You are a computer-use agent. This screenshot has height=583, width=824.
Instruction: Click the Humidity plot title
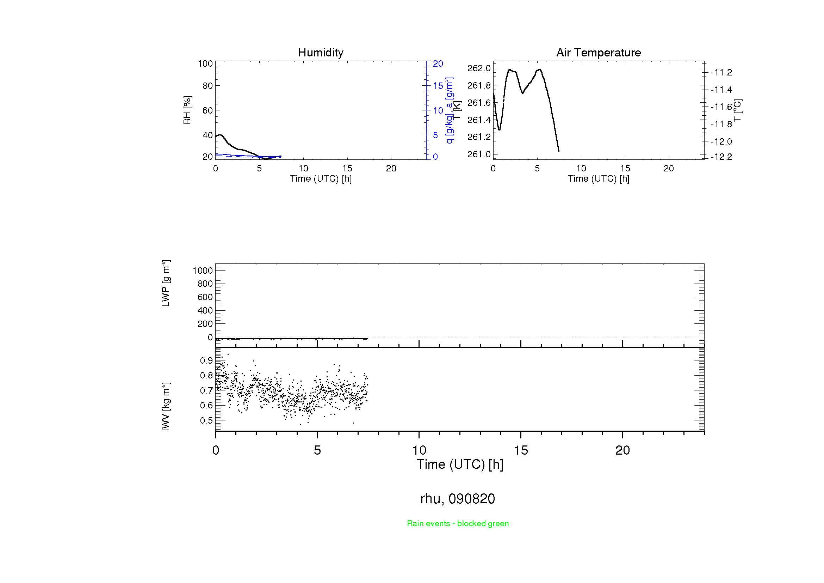[321, 53]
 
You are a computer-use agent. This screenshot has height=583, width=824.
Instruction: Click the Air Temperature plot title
[598, 53]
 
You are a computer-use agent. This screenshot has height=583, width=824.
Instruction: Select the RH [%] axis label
[187, 110]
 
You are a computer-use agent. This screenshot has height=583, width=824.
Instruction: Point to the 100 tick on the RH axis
[205, 63]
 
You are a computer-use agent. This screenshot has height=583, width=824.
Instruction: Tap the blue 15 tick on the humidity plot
[438, 86]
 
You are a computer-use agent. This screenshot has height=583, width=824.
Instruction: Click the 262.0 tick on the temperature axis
[479, 68]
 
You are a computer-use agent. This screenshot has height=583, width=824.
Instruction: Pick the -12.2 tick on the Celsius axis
[721, 157]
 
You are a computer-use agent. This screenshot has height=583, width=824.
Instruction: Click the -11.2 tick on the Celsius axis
[721, 73]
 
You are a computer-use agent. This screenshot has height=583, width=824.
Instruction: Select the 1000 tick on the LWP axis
[203, 271]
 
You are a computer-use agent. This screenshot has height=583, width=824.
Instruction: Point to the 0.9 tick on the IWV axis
[206, 360]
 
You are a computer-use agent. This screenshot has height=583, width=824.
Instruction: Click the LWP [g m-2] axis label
[166, 284]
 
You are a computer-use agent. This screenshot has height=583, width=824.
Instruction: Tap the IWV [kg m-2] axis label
[166, 406]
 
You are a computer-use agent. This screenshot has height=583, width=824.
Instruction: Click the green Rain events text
[458, 523]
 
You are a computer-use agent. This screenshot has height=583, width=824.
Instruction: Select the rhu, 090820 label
[458, 499]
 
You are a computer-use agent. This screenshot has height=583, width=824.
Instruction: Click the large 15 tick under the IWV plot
[521, 450]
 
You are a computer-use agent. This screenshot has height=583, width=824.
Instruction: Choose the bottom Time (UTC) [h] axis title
[460, 464]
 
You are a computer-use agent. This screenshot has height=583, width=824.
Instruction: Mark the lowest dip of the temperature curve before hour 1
[499, 129]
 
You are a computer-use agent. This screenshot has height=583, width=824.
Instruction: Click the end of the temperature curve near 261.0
[559, 151]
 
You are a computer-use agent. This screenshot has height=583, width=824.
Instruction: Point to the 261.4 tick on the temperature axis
[479, 120]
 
